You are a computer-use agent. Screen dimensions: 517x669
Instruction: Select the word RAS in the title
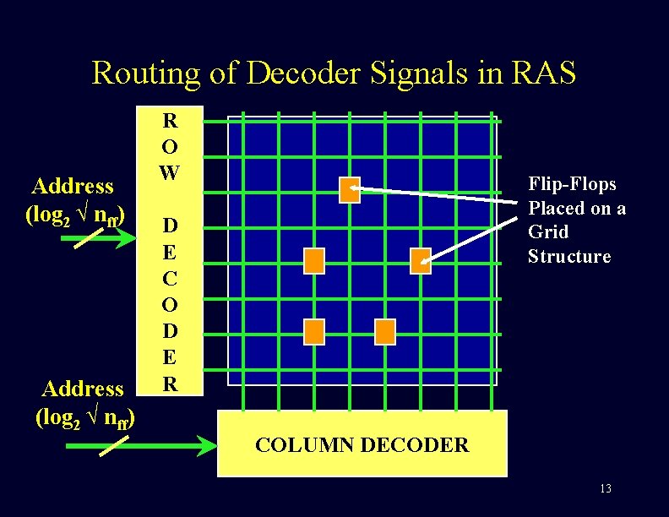click(x=543, y=73)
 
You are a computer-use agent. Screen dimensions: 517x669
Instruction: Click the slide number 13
click(x=605, y=489)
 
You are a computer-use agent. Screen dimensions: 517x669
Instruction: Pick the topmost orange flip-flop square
click(x=350, y=190)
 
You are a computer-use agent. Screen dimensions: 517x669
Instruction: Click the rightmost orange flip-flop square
click(x=421, y=261)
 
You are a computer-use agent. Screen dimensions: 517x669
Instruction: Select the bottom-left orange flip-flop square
click(x=314, y=332)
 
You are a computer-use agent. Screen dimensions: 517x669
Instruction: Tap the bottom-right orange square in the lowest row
click(x=385, y=332)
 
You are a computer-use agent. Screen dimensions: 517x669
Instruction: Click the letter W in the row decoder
click(x=170, y=173)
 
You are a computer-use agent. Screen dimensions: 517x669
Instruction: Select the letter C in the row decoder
click(x=170, y=277)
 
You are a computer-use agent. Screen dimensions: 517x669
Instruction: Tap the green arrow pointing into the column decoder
click(x=139, y=444)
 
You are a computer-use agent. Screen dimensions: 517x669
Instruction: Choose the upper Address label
click(x=72, y=186)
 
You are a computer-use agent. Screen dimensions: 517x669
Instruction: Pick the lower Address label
click(x=83, y=389)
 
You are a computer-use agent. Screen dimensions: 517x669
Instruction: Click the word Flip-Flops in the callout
click(x=572, y=184)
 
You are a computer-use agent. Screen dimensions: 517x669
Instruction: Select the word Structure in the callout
click(x=568, y=257)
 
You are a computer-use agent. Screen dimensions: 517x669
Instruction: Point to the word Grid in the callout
click(x=548, y=232)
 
